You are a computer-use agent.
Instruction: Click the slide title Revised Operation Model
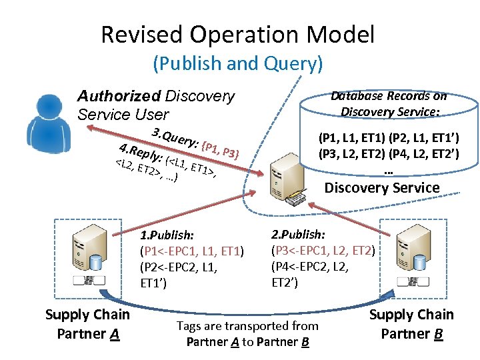point(237,35)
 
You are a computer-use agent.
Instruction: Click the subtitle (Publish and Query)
point(237,64)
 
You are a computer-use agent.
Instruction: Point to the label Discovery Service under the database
point(381,187)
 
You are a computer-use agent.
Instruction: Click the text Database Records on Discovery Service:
point(389,103)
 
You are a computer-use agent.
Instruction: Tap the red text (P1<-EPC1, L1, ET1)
point(192,251)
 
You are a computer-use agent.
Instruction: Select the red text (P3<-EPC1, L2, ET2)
point(323,251)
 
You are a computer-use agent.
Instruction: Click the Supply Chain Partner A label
point(87,324)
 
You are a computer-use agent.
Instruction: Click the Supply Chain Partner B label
point(411,323)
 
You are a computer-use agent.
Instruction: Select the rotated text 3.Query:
point(173,133)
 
